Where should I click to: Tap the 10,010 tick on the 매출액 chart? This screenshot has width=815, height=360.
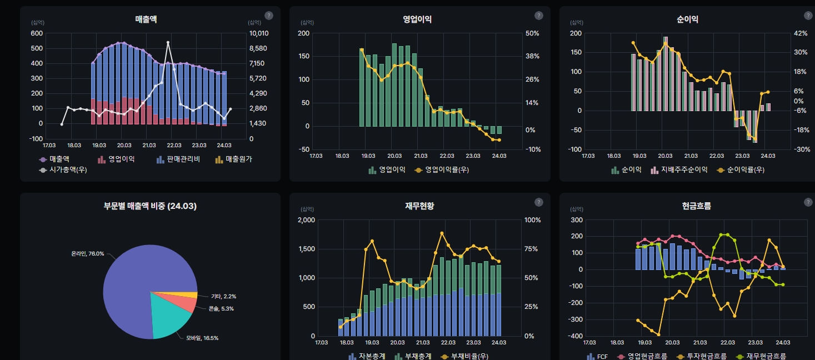(x=258, y=33)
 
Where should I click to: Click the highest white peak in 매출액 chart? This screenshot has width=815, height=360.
(x=168, y=42)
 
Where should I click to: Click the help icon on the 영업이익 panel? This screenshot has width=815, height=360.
(x=538, y=16)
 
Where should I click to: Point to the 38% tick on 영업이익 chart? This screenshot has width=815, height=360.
(x=532, y=56)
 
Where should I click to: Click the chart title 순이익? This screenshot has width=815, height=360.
(x=687, y=19)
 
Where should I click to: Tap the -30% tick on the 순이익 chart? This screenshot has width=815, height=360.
(x=801, y=149)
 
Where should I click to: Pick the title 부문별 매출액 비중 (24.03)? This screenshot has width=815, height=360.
(x=150, y=206)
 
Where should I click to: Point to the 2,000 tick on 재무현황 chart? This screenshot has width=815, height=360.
(x=306, y=220)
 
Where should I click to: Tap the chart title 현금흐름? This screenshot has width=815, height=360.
(x=696, y=206)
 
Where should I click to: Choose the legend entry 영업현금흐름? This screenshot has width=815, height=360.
(x=647, y=356)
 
